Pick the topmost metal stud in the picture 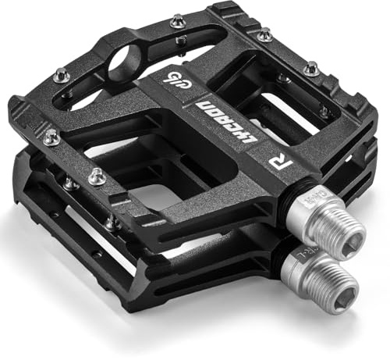tap(177, 19)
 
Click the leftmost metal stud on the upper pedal tap(51, 137)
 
